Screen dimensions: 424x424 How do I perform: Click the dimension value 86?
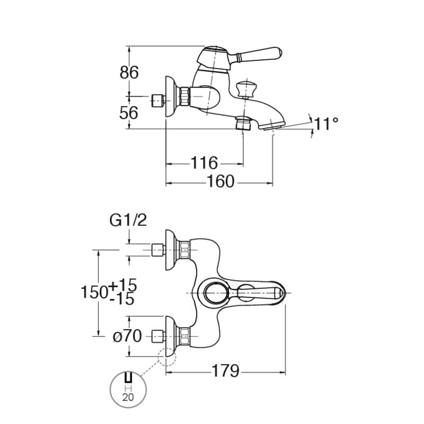tap(129, 72)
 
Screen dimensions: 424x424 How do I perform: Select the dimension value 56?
tap(129, 112)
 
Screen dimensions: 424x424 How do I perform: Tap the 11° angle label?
tap(326, 124)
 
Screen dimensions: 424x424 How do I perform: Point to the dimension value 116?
tap(204, 163)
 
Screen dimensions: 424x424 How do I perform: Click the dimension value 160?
tap(220, 181)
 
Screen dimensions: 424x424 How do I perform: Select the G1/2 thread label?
tap(128, 220)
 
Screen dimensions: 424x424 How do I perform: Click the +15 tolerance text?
tap(124, 285)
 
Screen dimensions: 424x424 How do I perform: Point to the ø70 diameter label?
tap(127, 335)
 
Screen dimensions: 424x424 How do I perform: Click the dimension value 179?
tap(226, 370)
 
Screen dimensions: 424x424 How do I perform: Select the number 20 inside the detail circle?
tap(128, 397)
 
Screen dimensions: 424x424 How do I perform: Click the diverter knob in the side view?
tap(244, 88)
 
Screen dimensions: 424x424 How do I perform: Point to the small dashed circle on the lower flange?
tap(167, 357)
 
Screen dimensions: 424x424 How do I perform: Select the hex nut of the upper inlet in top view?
tap(184, 249)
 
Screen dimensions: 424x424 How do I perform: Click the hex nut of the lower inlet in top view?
tap(184, 335)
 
